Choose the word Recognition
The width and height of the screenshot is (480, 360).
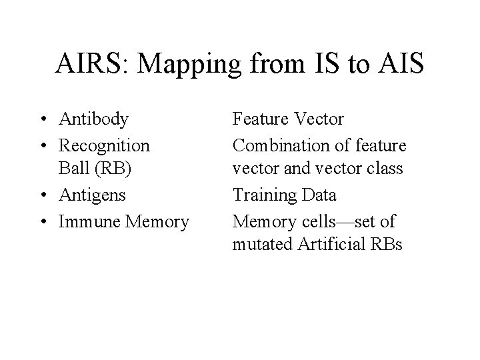click(105, 144)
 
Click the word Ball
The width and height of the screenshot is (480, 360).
click(73, 169)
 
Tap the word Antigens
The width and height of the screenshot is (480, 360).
click(93, 195)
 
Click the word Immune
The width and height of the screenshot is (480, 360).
click(86, 221)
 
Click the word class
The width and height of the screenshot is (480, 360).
click(385, 169)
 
